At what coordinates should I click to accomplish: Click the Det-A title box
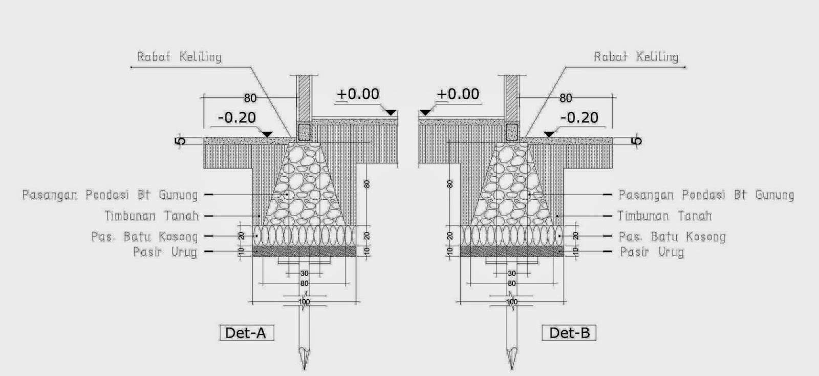pyautogui.click(x=247, y=332)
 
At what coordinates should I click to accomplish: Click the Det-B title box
pyautogui.click(x=569, y=332)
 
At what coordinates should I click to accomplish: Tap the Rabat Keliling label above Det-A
pyautogui.click(x=179, y=57)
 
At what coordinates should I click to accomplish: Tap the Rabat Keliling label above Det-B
pyautogui.click(x=636, y=57)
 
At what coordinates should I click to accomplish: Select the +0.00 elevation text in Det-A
pyautogui.click(x=358, y=94)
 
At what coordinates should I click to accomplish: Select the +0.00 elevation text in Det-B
pyautogui.click(x=458, y=94)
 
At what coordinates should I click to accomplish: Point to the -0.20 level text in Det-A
pyautogui.click(x=237, y=117)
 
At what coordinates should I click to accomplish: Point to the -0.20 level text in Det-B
pyautogui.click(x=579, y=117)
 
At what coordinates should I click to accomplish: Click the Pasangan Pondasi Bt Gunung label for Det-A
pyautogui.click(x=110, y=195)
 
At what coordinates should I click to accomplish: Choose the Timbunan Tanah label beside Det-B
pyautogui.click(x=665, y=216)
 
